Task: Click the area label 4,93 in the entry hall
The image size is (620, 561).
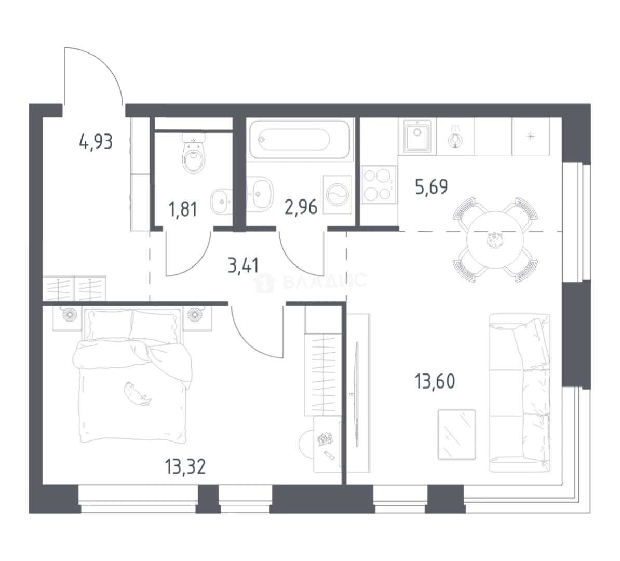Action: click(x=96, y=142)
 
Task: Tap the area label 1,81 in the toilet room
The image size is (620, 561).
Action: click(x=183, y=209)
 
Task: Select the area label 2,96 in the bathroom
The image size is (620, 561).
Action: click(x=301, y=207)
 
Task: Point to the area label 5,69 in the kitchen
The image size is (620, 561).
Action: click(x=432, y=186)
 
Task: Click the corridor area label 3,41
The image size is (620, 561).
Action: click(x=243, y=265)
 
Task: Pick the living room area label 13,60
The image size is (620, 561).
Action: click(x=435, y=381)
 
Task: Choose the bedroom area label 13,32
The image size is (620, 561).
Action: click(x=185, y=467)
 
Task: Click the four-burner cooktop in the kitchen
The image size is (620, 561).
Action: click(x=379, y=184)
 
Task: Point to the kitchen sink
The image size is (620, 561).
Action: click(x=417, y=136)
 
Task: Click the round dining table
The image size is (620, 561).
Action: click(x=495, y=240)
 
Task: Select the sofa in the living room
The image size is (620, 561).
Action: click(x=520, y=393)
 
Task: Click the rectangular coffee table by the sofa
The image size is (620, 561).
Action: click(x=457, y=434)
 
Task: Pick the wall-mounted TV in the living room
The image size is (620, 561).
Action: click(x=357, y=394)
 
